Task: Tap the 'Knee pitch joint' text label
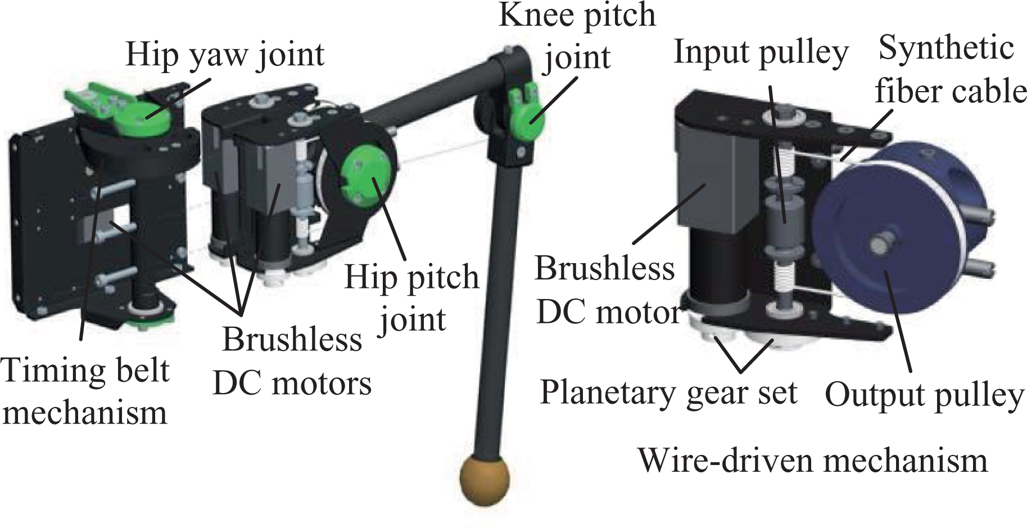click(577, 37)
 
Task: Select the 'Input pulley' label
click(761, 52)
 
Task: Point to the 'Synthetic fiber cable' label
click(950, 69)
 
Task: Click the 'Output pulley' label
click(924, 395)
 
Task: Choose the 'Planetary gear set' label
click(668, 392)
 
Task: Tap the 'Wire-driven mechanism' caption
click(813, 460)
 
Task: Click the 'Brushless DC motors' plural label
click(292, 361)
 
